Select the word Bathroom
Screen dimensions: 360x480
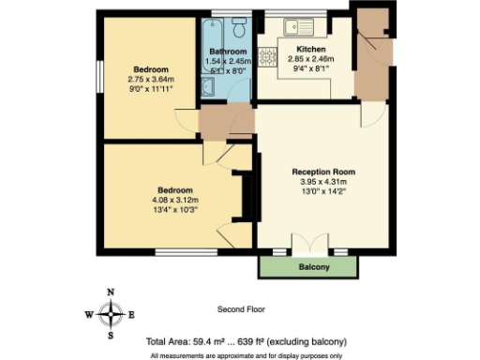[228, 52]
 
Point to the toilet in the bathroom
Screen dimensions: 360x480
[238, 23]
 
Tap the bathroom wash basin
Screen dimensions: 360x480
[207, 87]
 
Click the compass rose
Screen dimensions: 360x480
[112, 314]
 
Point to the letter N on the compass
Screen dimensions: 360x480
[112, 292]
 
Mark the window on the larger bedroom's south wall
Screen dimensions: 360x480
[174, 250]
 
